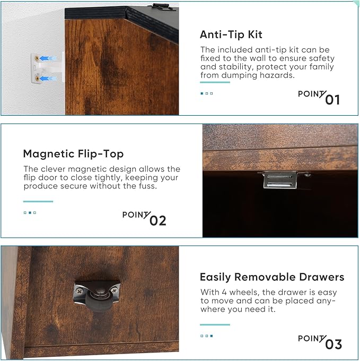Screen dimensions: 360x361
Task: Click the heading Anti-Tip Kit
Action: (231, 35)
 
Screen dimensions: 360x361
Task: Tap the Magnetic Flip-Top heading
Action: (73, 154)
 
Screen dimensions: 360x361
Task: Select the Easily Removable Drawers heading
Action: (272, 277)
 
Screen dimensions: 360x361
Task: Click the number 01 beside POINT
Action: (332, 100)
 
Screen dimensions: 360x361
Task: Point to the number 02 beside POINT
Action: (157, 221)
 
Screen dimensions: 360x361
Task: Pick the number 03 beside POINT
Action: (333, 345)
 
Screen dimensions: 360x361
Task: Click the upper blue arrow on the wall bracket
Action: (48, 58)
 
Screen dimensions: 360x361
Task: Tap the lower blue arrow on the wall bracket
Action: (48, 79)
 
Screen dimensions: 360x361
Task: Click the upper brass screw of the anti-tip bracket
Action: (37, 58)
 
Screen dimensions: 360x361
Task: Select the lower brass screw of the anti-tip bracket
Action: (37, 79)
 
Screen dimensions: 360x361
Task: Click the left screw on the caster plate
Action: (80, 291)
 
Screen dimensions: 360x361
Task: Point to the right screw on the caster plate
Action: (114, 290)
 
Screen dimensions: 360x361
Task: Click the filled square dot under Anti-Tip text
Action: (202, 93)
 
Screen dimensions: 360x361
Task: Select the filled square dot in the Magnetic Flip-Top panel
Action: (30, 213)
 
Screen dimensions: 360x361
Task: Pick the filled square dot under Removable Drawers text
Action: (212, 336)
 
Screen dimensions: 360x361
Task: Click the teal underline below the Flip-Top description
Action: (38, 201)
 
